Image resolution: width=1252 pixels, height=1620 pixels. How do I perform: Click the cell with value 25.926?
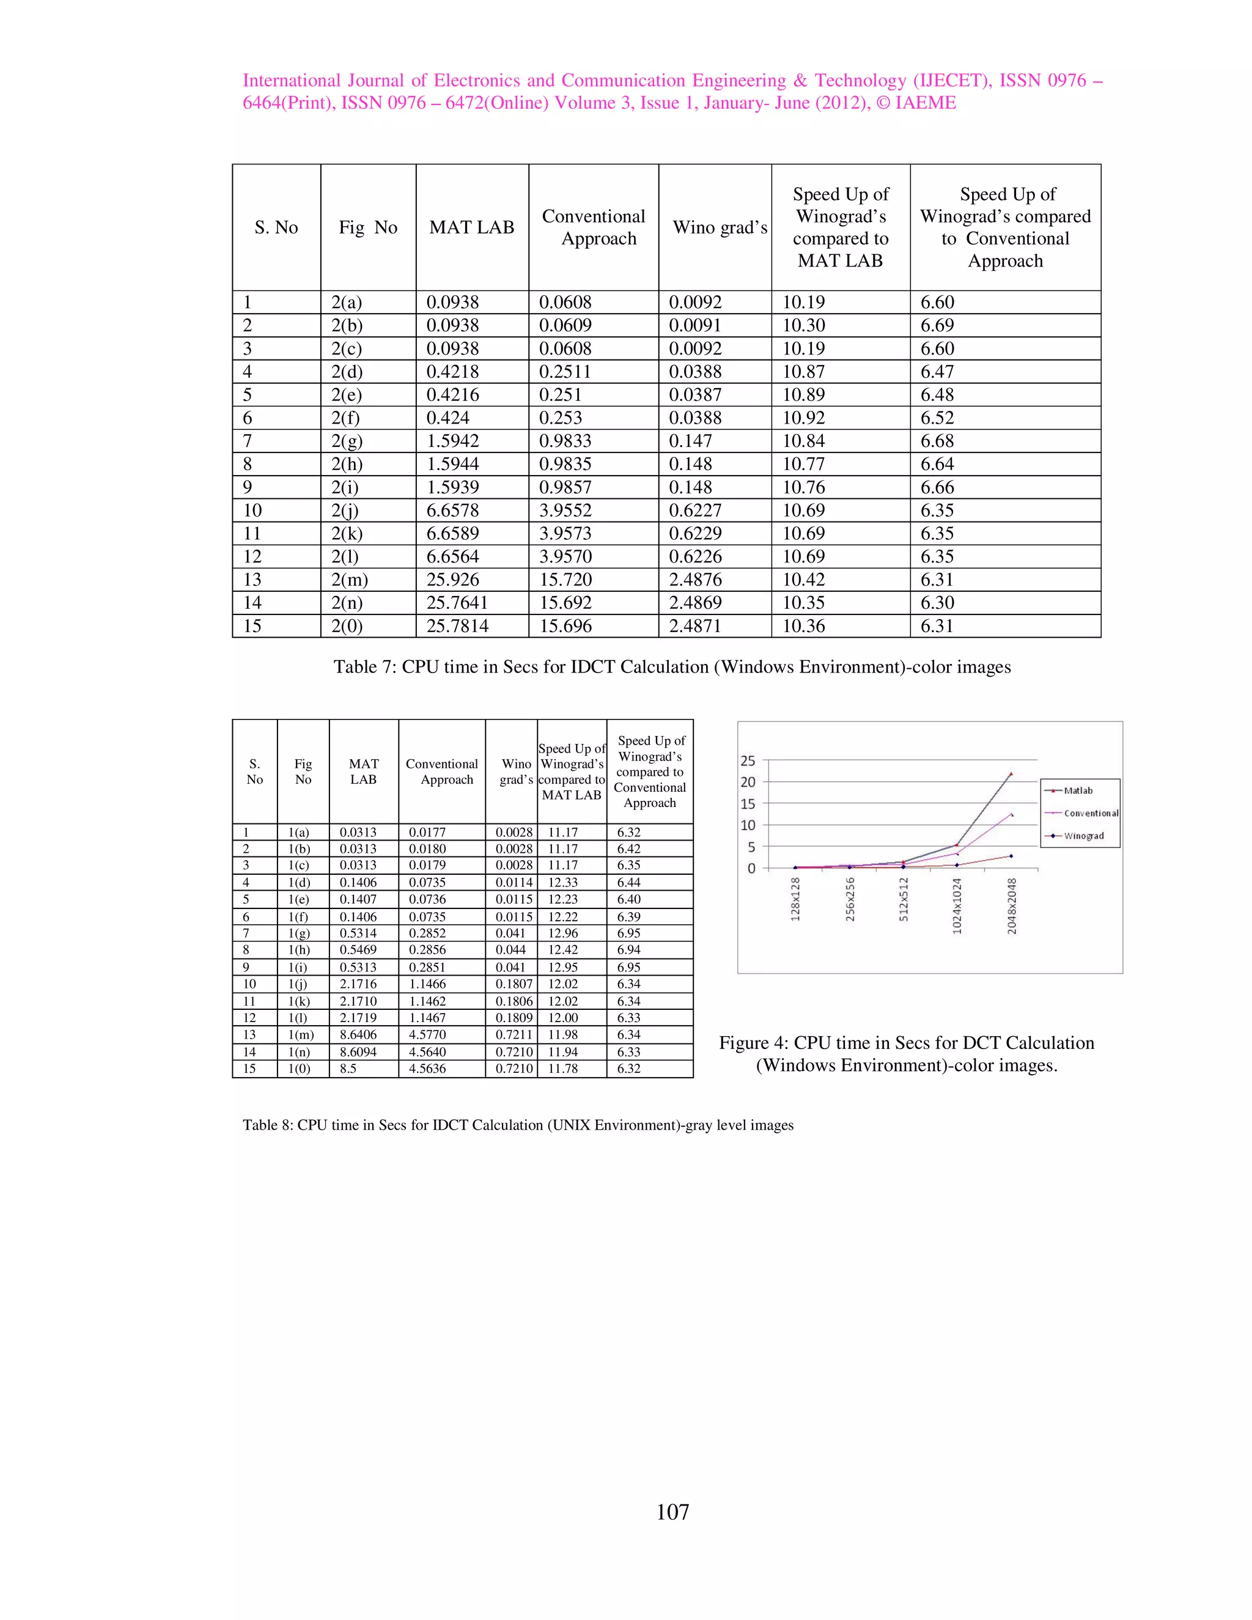tap(452, 580)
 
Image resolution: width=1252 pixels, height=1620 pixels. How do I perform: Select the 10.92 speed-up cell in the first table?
tap(803, 418)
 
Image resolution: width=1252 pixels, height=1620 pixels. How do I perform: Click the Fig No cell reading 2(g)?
tap(347, 441)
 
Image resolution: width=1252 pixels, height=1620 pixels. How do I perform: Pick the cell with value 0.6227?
tap(695, 510)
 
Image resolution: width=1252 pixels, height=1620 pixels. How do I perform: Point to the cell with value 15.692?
tap(565, 602)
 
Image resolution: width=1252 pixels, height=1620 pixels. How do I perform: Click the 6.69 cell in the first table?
tap(937, 325)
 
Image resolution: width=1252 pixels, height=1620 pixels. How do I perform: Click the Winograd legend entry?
tap(1083, 836)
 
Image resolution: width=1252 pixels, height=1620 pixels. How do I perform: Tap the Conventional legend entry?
tap(1091, 813)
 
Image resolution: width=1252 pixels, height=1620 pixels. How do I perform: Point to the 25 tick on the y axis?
tap(748, 760)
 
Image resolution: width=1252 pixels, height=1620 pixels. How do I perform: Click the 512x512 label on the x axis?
tap(904, 899)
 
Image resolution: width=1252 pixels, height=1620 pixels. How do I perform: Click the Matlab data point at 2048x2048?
tap(1011, 774)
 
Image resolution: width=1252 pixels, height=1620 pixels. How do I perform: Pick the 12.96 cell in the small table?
tap(562, 933)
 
